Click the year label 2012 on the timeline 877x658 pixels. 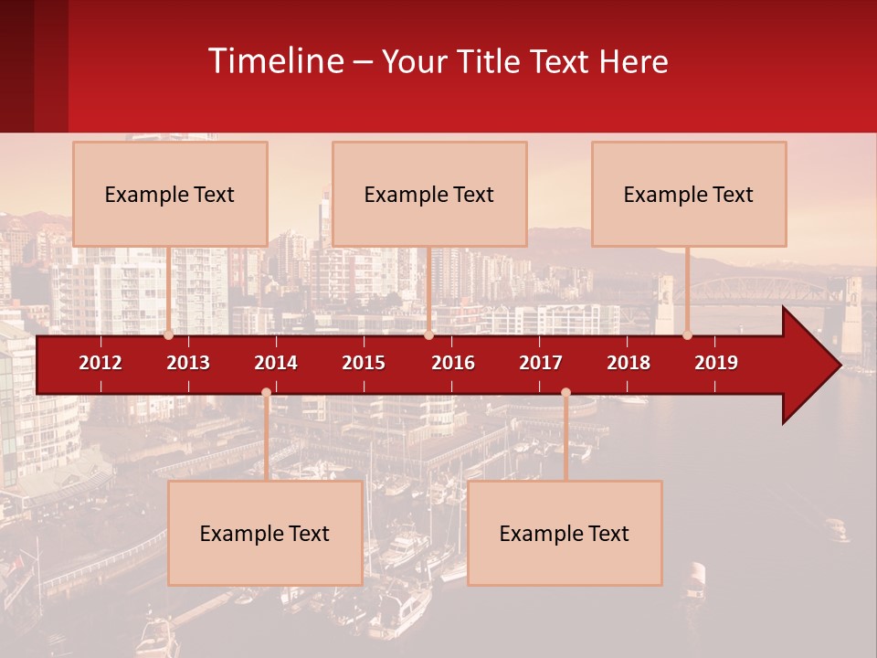tap(100, 363)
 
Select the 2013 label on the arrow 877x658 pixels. tap(188, 363)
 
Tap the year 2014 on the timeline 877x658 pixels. tap(276, 363)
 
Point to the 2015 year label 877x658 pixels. tap(364, 363)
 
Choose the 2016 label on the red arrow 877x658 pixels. tap(453, 363)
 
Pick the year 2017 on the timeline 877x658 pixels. tap(541, 363)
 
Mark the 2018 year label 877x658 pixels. tap(629, 363)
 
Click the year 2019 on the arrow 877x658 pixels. tap(716, 363)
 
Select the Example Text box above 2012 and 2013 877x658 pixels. tap(170, 194)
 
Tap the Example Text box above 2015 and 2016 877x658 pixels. tap(429, 194)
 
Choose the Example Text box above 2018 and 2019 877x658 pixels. tap(689, 194)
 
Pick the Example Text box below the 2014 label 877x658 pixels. tap(265, 533)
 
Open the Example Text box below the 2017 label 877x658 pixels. tap(565, 533)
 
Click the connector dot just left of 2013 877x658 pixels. tap(168, 335)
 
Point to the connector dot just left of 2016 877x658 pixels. tap(428, 335)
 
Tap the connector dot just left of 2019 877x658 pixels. tap(688, 335)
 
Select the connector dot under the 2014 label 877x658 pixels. tap(266, 392)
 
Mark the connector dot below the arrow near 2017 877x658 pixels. tap(565, 392)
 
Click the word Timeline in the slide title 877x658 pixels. tap(274, 61)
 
